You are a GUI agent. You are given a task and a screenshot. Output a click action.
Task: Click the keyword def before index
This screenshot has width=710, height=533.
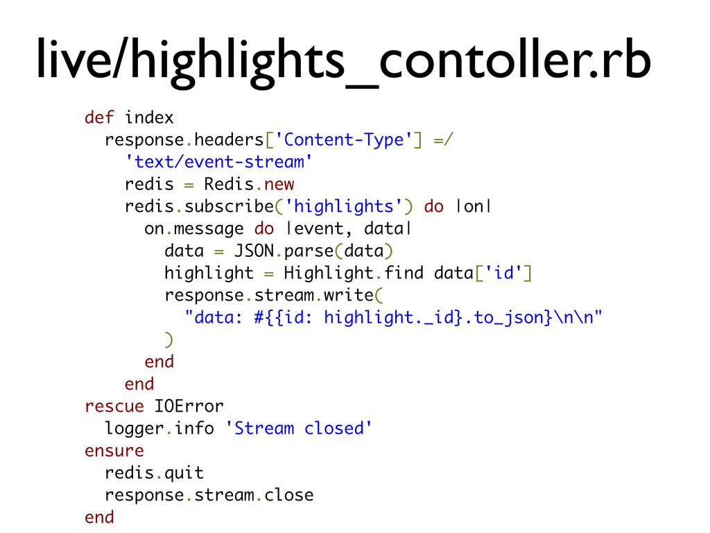point(99,117)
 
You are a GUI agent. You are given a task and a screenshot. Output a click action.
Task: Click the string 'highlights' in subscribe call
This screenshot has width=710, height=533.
point(344,206)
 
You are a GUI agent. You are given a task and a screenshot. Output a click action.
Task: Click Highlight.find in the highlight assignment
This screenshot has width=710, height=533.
point(353,273)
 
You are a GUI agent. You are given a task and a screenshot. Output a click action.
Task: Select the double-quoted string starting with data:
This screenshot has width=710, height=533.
point(393,317)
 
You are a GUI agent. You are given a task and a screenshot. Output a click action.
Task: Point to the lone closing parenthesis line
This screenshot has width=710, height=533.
point(168,339)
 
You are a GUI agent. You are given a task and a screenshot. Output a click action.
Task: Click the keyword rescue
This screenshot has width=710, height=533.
point(114,406)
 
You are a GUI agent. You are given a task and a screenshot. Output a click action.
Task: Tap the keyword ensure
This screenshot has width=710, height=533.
point(114,450)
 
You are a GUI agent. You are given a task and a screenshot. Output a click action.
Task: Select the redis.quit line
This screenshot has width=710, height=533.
point(154,473)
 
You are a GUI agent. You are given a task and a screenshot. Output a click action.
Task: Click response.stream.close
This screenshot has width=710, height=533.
point(209,495)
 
